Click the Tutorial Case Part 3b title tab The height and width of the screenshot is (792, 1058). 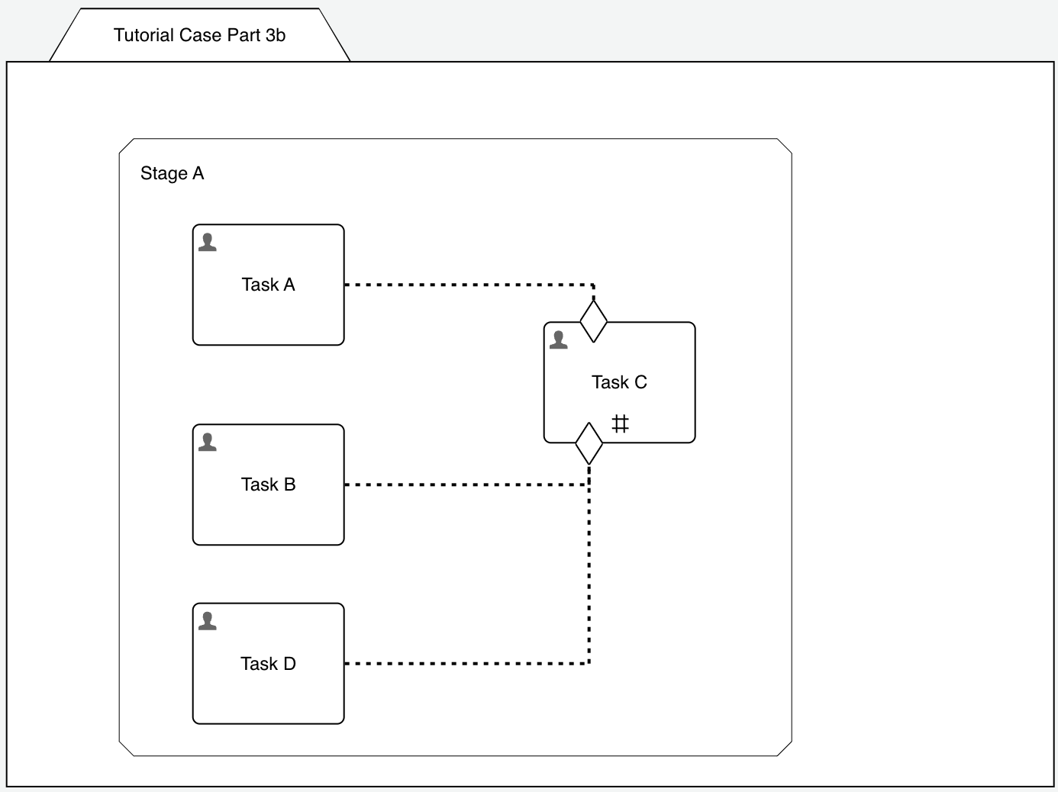(199, 35)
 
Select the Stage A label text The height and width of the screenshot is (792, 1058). (172, 174)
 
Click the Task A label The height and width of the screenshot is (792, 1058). (268, 285)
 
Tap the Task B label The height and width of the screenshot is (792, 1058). (268, 485)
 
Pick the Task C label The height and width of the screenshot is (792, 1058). (619, 382)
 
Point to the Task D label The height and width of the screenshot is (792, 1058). (268, 664)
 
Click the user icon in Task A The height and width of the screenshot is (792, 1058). (208, 243)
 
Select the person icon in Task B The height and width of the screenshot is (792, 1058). (208, 443)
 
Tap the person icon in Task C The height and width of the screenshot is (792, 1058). (559, 340)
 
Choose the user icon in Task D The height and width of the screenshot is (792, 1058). (208, 622)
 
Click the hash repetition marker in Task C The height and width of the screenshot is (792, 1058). (620, 423)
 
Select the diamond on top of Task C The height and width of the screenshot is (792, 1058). (594, 321)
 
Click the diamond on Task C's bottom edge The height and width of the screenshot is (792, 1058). (589, 443)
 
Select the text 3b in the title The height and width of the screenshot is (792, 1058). (276, 35)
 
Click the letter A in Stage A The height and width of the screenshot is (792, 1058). (198, 174)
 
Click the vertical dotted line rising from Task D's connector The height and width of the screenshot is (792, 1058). (589, 580)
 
